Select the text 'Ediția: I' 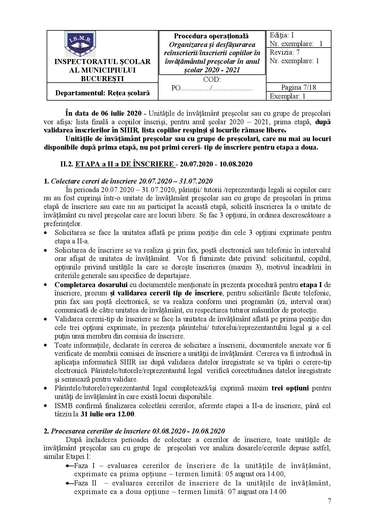(281, 35)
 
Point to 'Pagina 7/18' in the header (298, 87)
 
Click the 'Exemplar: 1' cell (287, 96)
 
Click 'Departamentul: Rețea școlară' (102, 93)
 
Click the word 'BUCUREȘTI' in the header (102, 78)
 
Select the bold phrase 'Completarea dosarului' (91, 285)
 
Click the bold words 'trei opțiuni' (290, 388)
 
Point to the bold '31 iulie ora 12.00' (108, 414)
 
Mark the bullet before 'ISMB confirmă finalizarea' (45, 406)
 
